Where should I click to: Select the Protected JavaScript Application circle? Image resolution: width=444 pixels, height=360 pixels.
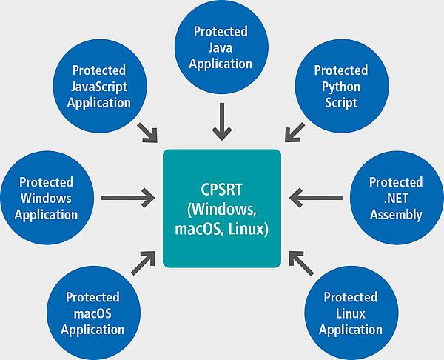click(x=98, y=85)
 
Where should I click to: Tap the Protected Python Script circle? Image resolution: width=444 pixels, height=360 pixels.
click(x=340, y=85)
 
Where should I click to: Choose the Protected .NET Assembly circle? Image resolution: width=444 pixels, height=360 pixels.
click(x=396, y=198)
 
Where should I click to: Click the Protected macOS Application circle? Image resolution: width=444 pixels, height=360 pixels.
click(x=94, y=311)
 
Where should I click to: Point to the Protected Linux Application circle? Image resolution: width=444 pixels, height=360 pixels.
click(x=349, y=311)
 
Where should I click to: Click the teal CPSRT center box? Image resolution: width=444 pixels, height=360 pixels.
click(x=221, y=208)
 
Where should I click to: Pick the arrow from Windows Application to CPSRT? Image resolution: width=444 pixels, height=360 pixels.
click(x=127, y=198)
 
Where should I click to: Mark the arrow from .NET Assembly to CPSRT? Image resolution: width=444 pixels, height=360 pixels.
click(x=317, y=198)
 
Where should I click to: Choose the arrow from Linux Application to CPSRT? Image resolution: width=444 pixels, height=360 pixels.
click(x=300, y=261)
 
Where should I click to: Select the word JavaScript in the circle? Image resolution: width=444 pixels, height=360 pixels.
click(x=98, y=86)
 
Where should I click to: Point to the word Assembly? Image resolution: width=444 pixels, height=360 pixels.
click(x=396, y=215)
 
